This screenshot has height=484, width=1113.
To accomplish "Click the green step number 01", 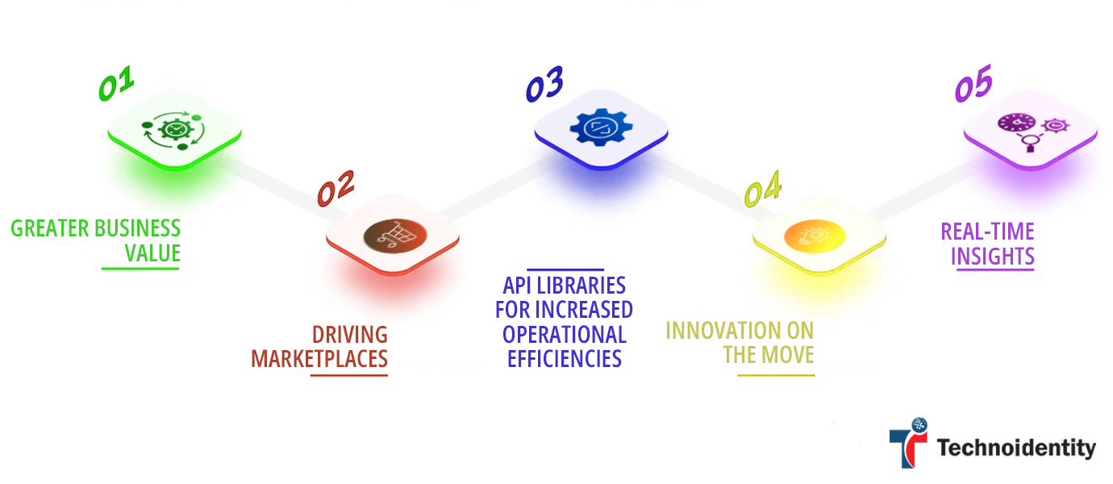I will click(x=116, y=85).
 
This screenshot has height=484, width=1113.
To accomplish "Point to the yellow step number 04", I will click(x=762, y=190).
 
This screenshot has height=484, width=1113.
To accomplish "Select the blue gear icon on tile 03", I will click(x=601, y=129).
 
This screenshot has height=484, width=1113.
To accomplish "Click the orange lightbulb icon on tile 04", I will click(x=815, y=235).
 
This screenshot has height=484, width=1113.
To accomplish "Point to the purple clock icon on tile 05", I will click(x=1014, y=123).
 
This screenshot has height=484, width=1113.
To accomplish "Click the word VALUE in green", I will click(x=152, y=253).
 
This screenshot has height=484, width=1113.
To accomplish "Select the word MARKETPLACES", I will click(x=319, y=358).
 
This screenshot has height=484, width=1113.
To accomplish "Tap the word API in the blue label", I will click(x=519, y=286).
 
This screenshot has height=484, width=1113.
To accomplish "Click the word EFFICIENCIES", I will click(x=565, y=358).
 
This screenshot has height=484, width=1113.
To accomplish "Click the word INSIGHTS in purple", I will click(x=993, y=257).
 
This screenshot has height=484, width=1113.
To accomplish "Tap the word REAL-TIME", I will click(x=987, y=232).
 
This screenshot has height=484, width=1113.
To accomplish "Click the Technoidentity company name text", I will click(x=1016, y=448).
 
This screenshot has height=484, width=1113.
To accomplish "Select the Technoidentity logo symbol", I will click(x=908, y=442).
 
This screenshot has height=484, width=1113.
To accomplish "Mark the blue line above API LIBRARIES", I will click(x=565, y=269).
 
